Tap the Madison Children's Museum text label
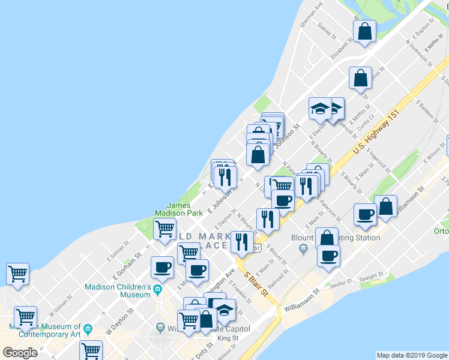tap(118, 290)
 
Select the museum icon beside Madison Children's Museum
tap(157, 290)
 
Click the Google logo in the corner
tap(20, 352)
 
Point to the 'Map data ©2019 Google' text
tap(412, 355)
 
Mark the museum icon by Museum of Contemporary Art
tap(88, 328)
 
